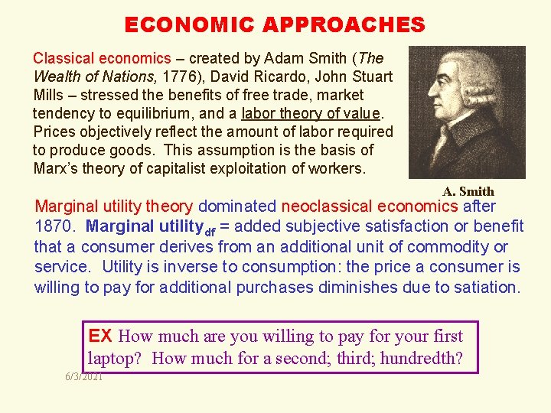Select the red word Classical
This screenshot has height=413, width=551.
point(64,58)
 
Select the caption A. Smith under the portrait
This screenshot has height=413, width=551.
point(468,191)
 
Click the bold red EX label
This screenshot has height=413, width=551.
point(100,336)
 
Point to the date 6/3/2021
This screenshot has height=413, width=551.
point(84,377)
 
